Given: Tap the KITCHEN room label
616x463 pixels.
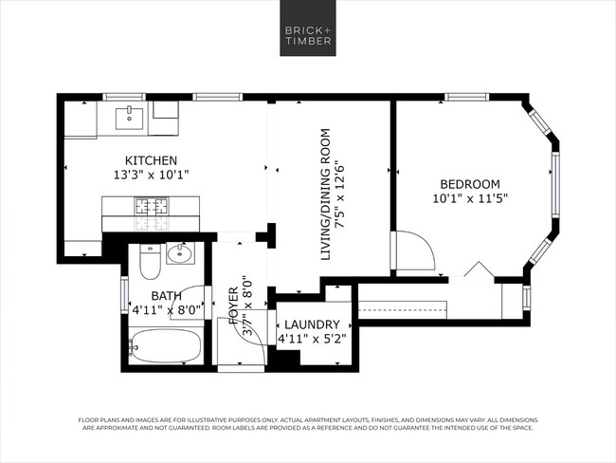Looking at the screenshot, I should coord(152,160).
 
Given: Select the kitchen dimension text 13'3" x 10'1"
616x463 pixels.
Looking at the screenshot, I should coord(152,176).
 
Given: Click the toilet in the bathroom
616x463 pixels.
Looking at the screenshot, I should coord(149,260).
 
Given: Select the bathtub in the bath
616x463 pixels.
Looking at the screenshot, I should coord(165,347).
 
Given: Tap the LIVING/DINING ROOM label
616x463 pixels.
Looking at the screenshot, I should coord(326,194).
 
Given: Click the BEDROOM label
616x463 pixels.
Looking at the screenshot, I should coord(468,184).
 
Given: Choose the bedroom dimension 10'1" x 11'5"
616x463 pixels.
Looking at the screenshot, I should coord(468,199).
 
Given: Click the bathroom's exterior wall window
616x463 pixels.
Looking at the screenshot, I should coord(123,294).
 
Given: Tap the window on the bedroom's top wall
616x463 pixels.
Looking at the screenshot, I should coord(467,96).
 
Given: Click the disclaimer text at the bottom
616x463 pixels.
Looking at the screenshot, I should coord(307,423).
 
